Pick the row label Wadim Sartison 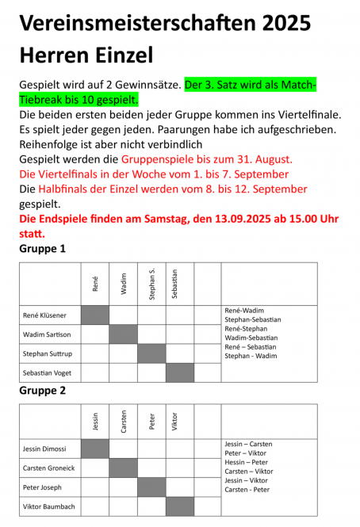[x=48, y=334]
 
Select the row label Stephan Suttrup [x=48, y=353]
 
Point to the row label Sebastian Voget [x=48, y=372]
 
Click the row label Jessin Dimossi [x=45, y=449]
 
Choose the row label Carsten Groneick [x=49, y=468]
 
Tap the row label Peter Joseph [x=42, y=487]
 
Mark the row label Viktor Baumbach [x=48, y=506]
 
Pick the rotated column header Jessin [x=95, y=423]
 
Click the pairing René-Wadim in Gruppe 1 [x=244, y=311]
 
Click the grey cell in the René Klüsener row [x=95, y=315]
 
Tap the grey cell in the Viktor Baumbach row [x=180, y=506]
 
